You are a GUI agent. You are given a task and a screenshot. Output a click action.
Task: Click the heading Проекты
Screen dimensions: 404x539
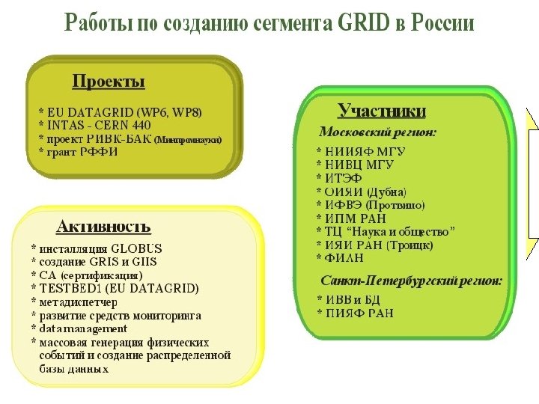(108, 81)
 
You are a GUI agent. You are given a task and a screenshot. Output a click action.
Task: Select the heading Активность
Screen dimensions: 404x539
(103, 226)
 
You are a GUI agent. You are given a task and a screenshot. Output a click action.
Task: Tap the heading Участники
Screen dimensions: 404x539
(382, 111)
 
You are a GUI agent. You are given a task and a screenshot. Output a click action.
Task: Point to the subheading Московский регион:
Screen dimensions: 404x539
(379, 132)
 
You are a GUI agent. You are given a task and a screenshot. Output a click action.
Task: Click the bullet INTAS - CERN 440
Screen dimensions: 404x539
(99, 125)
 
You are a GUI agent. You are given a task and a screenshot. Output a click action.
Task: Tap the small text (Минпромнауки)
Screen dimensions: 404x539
(188, 139)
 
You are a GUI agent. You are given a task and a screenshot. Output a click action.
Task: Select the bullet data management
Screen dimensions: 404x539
(83, 328)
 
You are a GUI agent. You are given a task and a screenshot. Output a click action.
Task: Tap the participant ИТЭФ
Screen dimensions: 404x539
(343, 177)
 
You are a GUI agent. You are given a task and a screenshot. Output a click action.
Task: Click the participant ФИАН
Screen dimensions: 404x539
(344, 258)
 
